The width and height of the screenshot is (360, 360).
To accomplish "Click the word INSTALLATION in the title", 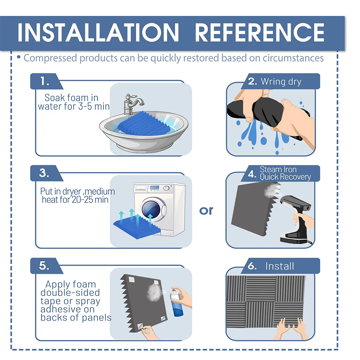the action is point(98,33).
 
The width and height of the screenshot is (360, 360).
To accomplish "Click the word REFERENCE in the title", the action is point(260,33).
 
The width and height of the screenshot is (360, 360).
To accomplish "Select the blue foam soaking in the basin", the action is point(144,124).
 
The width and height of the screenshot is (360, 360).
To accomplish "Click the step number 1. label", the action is point(45,81).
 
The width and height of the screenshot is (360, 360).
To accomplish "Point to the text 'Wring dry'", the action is point(281,82).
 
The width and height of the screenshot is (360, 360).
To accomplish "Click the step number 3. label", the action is point(44,173).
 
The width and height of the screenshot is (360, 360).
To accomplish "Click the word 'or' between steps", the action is point(206,211).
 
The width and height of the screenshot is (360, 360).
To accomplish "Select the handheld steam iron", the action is point(296,218).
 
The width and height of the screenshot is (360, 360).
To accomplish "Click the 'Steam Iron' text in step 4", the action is point(278,170).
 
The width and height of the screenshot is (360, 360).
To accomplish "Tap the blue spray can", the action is point(176,303).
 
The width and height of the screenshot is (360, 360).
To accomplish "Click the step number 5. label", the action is point(44,266).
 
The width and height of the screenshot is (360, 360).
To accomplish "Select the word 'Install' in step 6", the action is point(280,266).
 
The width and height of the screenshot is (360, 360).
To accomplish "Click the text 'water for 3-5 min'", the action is point(74,106).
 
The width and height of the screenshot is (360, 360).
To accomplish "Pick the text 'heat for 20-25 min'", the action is point(75,200).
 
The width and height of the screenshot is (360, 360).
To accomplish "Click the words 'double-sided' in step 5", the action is point(70,293).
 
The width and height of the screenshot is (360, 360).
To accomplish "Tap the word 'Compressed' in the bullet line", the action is point(50,58).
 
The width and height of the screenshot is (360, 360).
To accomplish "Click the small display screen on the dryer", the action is point(154,188).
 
